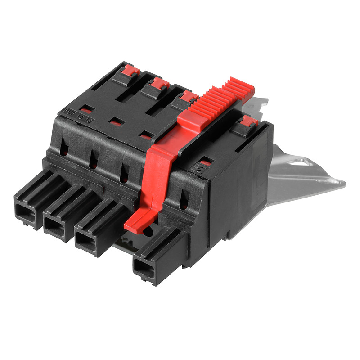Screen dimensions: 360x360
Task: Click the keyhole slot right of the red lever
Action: tap(184, 200)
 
